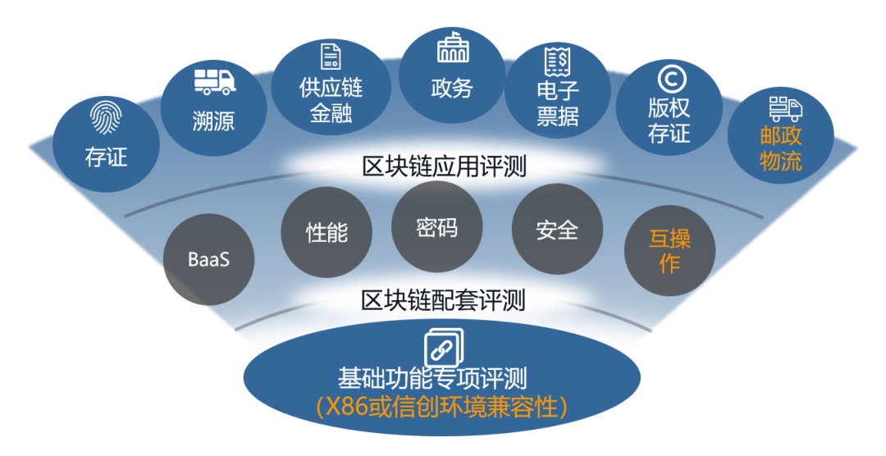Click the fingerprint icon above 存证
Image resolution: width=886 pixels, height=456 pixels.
[x=106, y=118]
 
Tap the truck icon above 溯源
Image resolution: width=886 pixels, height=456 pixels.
[x=215, y=82]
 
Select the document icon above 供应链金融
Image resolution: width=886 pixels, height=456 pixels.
[x=331, y=57]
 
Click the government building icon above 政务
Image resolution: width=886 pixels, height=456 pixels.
[x=453, y=47]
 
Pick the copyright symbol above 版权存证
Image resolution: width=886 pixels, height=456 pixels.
[x=672, y=79]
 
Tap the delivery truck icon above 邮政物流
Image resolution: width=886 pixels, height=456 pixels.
[x=785, y=108]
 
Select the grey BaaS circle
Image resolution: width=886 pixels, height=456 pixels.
[x=208, y=259]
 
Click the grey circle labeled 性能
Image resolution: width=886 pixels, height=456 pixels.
[x=327, y=232]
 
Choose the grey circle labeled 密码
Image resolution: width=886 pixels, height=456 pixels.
[x=436, y=227]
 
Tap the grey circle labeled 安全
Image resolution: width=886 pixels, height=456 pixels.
[x=557, y=230]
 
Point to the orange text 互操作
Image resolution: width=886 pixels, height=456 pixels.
[x=669, y=251]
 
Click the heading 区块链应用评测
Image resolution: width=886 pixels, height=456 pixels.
[x=444, y=166]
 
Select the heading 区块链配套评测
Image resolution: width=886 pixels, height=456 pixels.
[x=444, y=301]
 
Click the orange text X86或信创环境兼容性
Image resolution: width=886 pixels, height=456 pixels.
[x=441, y=407]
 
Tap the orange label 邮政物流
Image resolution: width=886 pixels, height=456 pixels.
[x=781, y=148]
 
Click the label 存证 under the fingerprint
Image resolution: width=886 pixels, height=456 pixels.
[x=106, y=157]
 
